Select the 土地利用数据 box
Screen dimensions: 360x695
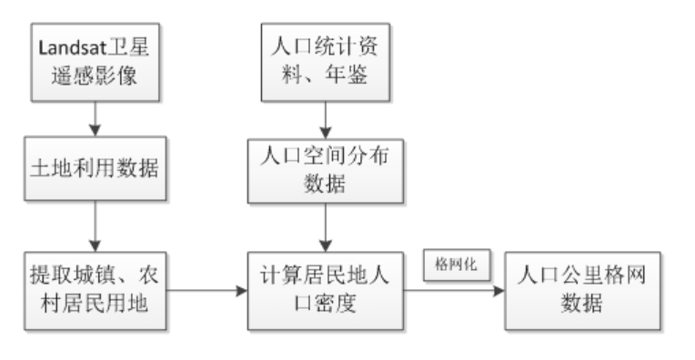pos(95,167)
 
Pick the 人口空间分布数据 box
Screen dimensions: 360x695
pos(323,167)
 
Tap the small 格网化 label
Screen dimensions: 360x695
pos(456,265)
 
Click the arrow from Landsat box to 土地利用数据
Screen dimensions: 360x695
pos(95,117)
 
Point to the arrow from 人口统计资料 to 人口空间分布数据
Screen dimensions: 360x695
pos(323,117)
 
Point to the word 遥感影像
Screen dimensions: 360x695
pos(95,79)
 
